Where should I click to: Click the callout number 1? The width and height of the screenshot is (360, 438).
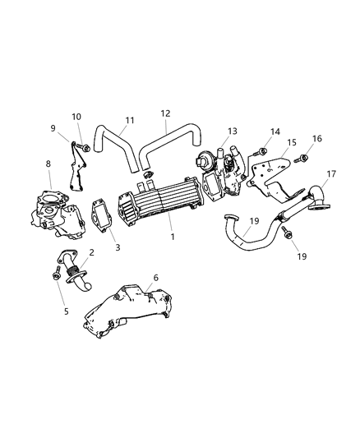173,236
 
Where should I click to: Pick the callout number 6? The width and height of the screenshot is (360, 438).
156,279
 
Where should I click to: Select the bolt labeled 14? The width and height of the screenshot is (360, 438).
261,151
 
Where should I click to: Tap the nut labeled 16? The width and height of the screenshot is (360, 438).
302,158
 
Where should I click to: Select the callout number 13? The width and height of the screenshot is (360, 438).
232,131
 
